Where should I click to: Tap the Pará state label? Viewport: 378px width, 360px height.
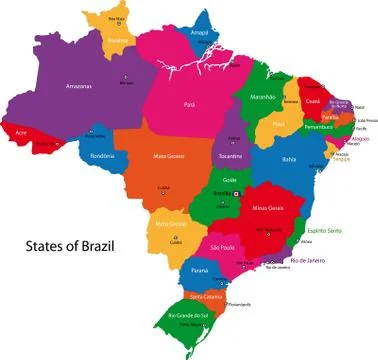click(x=189, y=104)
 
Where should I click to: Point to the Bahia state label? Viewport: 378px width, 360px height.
click(x=290, y=159)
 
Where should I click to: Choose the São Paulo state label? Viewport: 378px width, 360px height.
click(x=221, y=247)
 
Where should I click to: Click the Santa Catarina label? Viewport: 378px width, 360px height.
click(x=205, y=296)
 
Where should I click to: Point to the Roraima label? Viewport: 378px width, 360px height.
click(x=118, y=41)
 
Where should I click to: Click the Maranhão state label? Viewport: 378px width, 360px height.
click(x=261, y=97)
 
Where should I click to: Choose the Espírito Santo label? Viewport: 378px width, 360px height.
click(x=325, y=230)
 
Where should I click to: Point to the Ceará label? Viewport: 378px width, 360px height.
click(x=314, y=101)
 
